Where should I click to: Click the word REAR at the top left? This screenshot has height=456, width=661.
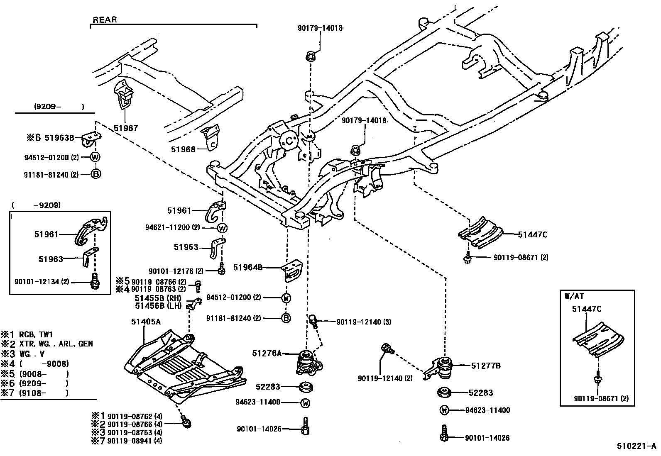pyautogui.click(x=105, y=20)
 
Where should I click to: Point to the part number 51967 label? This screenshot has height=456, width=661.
pyautogui.click(x=126, y=128)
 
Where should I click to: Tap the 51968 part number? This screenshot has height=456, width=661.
pyautogui.click(x=183, y=149)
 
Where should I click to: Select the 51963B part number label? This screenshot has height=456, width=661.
pyautogui.click(x=59, y=138)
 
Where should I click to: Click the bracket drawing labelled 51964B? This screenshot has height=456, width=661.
pyautogui.click(x=292, y=270)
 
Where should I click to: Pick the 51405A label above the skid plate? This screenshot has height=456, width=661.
pyautogui.click(x=146, y=322)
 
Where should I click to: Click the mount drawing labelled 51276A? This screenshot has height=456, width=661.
pyautogui.click(x=309, y=362)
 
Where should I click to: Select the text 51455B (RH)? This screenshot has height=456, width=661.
pyautogui.click(x=158, y=298)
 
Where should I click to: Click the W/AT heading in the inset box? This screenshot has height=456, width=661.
pyautogui.click(x=574, y=296)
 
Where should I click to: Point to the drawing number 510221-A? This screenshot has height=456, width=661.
pyautogui.click(x=637, y=446)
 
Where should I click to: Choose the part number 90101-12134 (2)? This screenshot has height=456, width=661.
pyautogui.click(x=42, y=282)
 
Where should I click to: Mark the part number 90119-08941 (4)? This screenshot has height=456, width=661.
pyautogui.click(x=135, y=441)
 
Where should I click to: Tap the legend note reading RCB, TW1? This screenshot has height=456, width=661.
pyautogui.click(x=36, y=334)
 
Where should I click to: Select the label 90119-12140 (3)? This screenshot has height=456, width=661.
pyautogui.click(x=364, y=322)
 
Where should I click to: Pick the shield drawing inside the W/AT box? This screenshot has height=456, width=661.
pyautogui.click(x=598, y=339)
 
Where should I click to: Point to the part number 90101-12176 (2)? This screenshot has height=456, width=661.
pyautogui.click(x=176, y=271)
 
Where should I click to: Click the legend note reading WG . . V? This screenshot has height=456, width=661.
pyautogui.click(x=32, y=354)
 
